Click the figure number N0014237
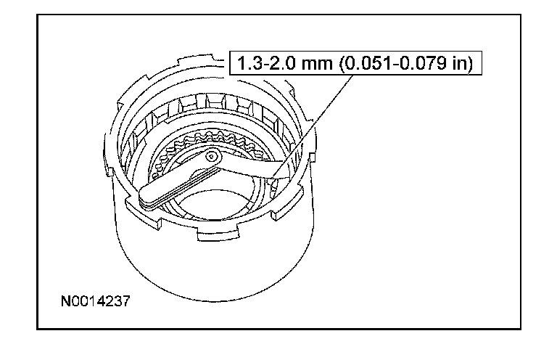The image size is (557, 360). tap(96, 301)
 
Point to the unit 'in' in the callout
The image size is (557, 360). tap(460, 63)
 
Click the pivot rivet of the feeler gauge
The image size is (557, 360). tap(212, 156)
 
